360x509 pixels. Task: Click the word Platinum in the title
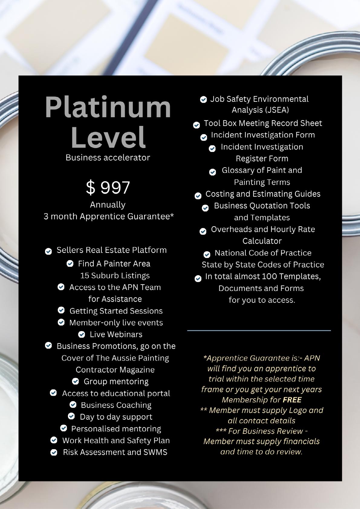[x=108, y=108]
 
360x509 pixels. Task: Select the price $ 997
[x=108, y=187]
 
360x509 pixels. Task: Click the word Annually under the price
[x=108, y=205]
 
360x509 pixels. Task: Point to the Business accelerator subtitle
[x=108, y=158]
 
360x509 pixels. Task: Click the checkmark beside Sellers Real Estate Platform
[x=48, y=251]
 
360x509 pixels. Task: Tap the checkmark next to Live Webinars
[x=82, y=334]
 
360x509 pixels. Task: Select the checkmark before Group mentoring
[x=76, y=382]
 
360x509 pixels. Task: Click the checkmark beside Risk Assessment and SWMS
[x=54, y=453]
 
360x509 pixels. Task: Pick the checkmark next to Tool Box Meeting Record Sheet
[x=196, y=125]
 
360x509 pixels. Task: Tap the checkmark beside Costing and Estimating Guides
[x=198, y=196]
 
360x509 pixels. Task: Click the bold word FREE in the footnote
[x=292, y=400]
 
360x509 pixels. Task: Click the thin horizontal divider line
[x=259, y=330]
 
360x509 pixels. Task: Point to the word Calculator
[x=262, y=241]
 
